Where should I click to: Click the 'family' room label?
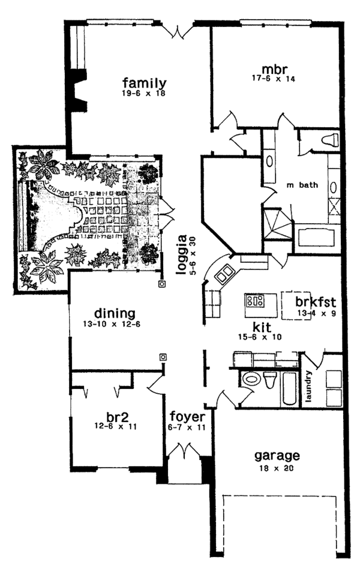pyautogui.click(x=144, y=83)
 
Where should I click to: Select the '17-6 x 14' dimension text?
pyautogui.click(x=274, y=78)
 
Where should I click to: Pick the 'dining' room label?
pyautogui.click(x=114, y=313)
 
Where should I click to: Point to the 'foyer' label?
pyautogui.click(x=187, y=417)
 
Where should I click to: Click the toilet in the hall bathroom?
pyautogui.click(x=269, y=381)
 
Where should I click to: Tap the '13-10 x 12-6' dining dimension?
pyautogui.click(x=114, y=324)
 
